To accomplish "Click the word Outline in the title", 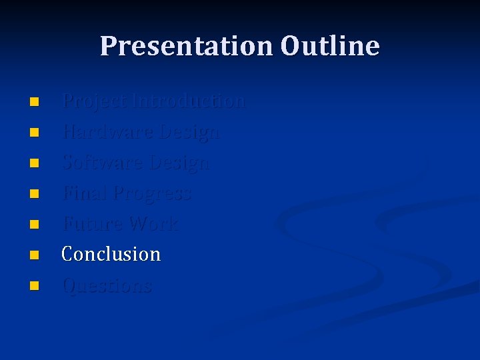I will [330, 47].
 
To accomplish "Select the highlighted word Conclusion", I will [111, 254].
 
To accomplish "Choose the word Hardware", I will [107, 132].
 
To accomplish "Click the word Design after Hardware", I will [189, 132].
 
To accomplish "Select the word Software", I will [103, 163].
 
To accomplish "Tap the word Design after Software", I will [180, 163].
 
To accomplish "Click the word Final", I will [85, 193].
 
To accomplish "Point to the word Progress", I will [153, 194].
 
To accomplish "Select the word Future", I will [92, 223].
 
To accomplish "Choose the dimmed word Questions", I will [107, 285].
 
